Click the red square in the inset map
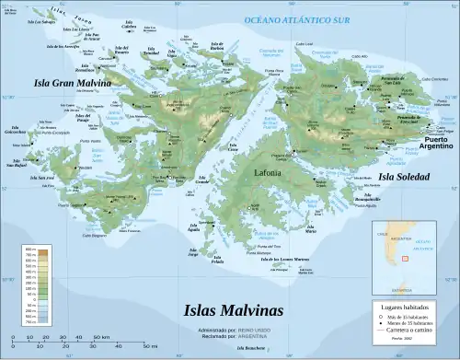click(x=404, y=260)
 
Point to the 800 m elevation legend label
click(x=29, y=250)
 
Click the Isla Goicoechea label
click(x=16, y=131)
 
